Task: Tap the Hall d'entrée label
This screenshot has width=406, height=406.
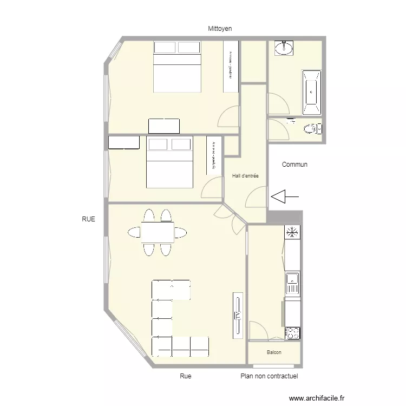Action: (x=245, y=176)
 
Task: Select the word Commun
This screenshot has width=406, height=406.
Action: (x=295, y=165)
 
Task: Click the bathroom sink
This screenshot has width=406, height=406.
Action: (x=284, y=49)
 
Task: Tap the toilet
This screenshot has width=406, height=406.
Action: (x=311, y=129)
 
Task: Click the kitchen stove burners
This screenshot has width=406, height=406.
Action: (x=292, y=333)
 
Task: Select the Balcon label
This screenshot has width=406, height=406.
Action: (x=274, y=352)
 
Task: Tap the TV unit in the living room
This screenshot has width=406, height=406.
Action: (x=237, y=315)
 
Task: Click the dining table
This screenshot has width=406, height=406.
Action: (x=158, y=233)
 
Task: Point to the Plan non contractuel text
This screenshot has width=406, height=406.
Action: (x=269, y=376)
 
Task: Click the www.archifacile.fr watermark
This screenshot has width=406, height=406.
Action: (x=317, y=397)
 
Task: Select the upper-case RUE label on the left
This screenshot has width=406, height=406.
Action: (x=88, y=219)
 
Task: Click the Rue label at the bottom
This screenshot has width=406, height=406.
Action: (x=186, y=376)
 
